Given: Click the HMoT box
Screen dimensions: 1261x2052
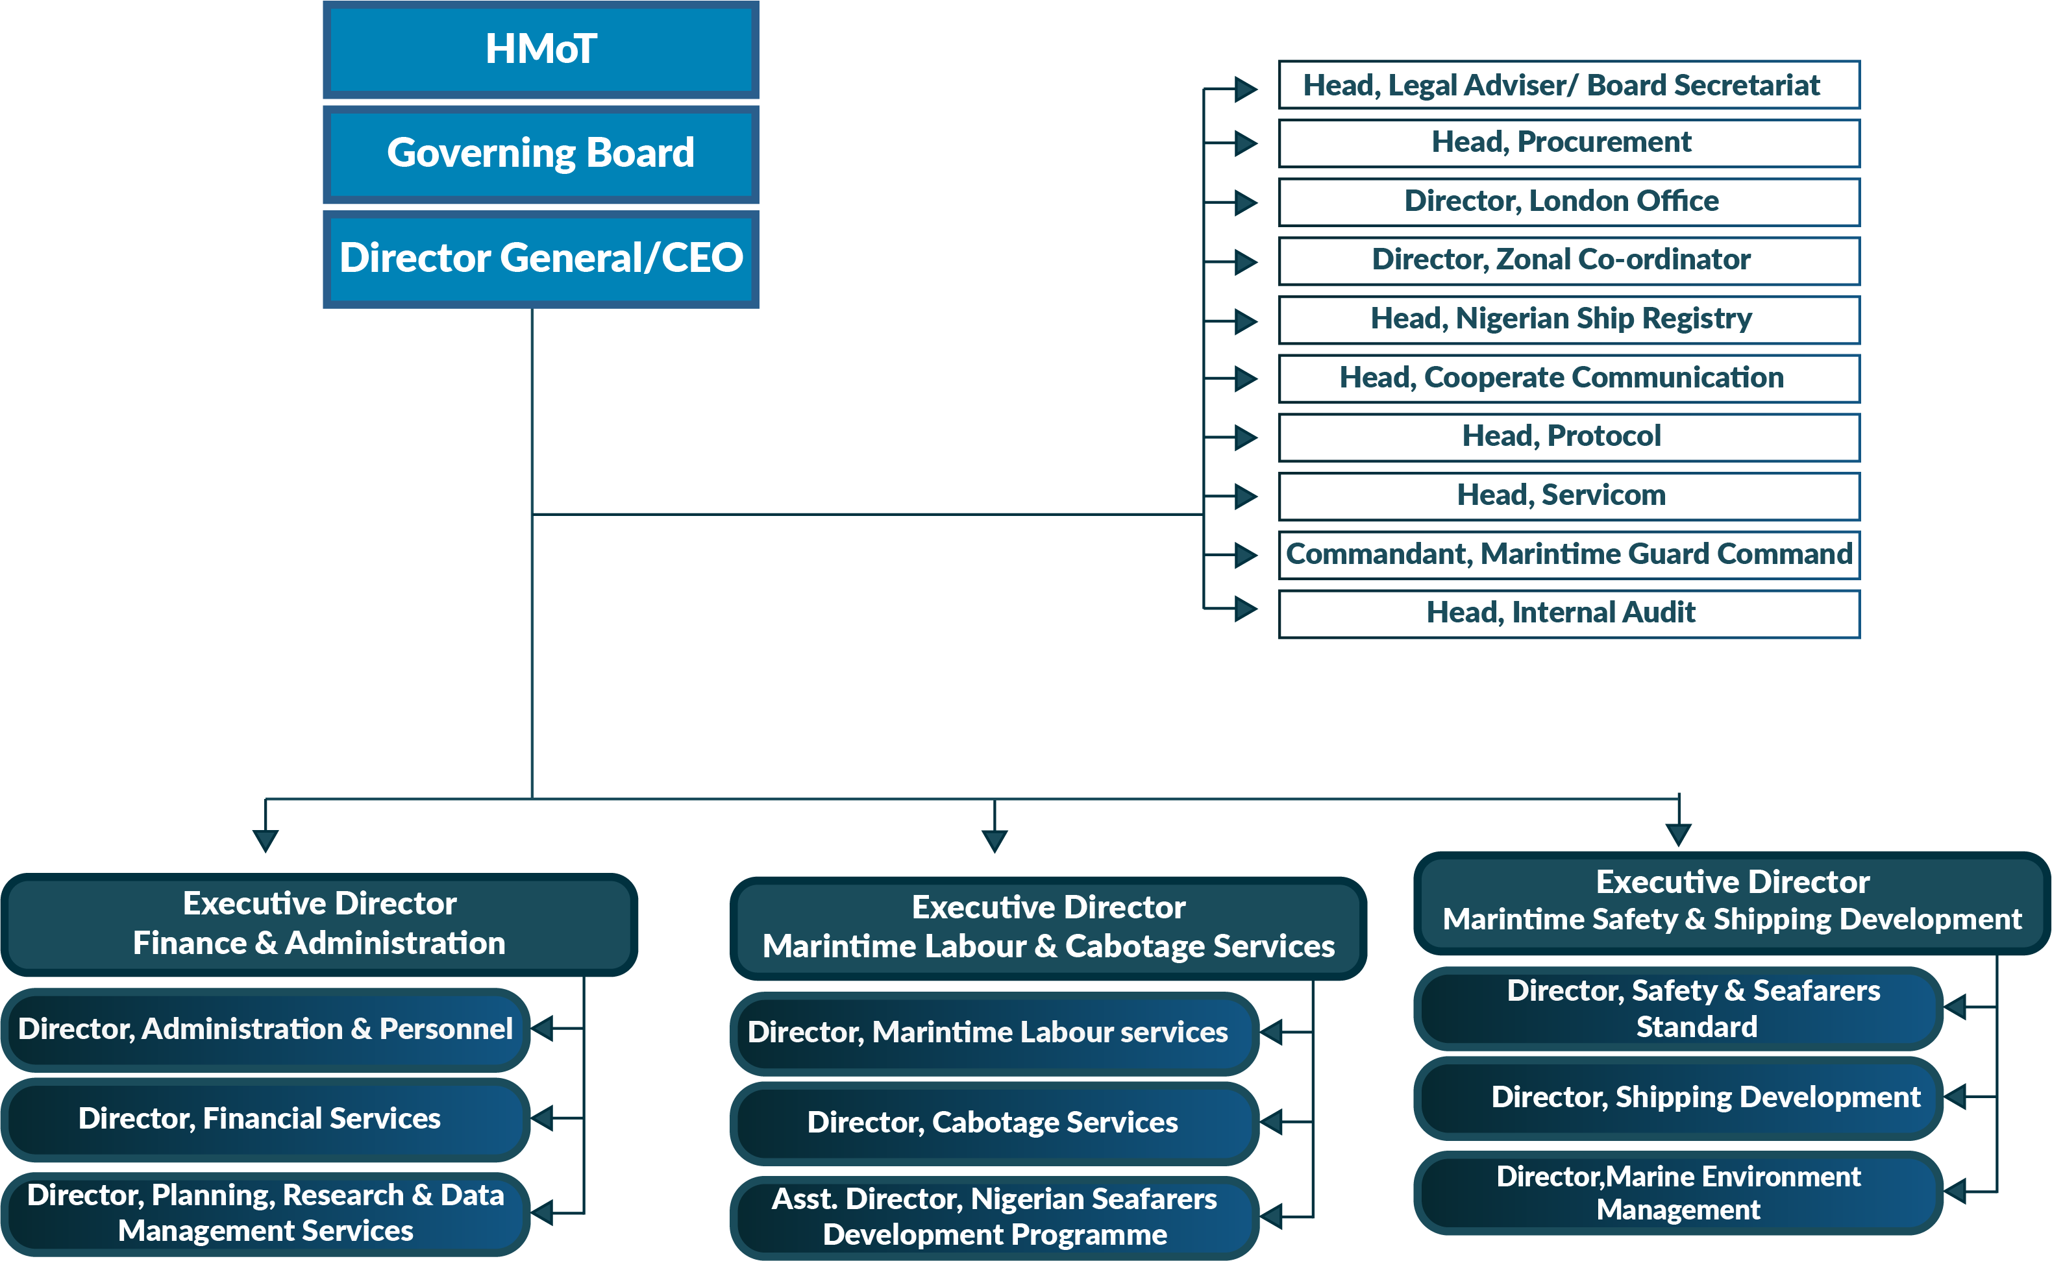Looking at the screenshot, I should point(541,50).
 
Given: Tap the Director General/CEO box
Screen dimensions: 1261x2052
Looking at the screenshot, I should point(541,258).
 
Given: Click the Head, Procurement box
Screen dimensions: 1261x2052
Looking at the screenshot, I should point(1568,143).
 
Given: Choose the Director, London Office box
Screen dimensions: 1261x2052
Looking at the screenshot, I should point(1568,202).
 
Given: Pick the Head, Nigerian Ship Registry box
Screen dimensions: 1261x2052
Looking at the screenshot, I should point(1568,319).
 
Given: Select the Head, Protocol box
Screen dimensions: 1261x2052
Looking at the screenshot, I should point(1568,437).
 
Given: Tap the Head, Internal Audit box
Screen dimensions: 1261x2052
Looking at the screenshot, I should point(1568,614).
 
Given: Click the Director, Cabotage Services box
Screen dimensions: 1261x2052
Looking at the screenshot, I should point(993,1123).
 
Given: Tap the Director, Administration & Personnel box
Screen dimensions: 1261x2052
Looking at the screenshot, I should point(266,1029).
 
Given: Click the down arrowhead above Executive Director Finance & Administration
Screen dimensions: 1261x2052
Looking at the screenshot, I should point(266,840).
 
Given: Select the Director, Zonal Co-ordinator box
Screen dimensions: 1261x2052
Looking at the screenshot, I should point(1568,260).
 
